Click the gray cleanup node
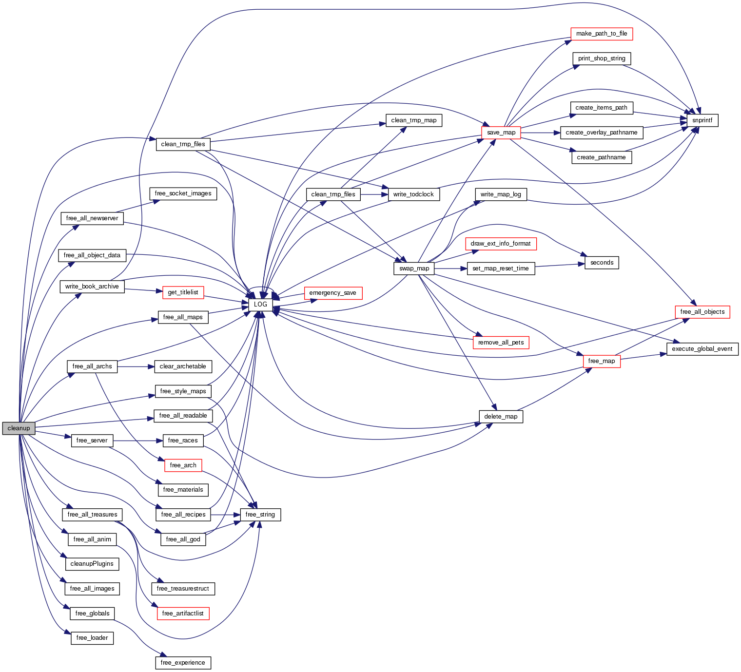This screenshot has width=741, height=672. tap(19, 428)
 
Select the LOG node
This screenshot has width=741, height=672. tap(260, 305)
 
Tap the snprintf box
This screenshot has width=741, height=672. tap(702, 120)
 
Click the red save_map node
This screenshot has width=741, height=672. tap(501, 133)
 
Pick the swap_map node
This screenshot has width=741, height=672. tap(414, 269)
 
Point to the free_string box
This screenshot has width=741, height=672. tap(260, 515)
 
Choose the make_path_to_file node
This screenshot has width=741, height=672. tap(601, 34)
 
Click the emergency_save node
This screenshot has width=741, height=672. tap(332, 293)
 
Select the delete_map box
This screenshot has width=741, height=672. tap(501, 417)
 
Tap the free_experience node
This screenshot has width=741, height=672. tap(183, 663)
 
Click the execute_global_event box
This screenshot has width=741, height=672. tap(702, 349)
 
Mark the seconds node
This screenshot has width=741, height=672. tap(602, 263)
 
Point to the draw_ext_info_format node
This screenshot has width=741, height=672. tap(501, 244)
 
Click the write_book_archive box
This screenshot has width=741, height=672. tap(92, 287)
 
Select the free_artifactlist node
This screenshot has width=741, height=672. tap(183, 614)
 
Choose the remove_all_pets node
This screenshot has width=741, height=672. tap(501, 343)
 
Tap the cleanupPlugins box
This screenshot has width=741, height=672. tap(92, 564)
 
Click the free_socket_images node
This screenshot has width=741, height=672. tap(183, 193)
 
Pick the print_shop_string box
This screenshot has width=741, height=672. tap(601, 58)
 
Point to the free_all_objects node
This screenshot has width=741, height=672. tap(702, 312)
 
